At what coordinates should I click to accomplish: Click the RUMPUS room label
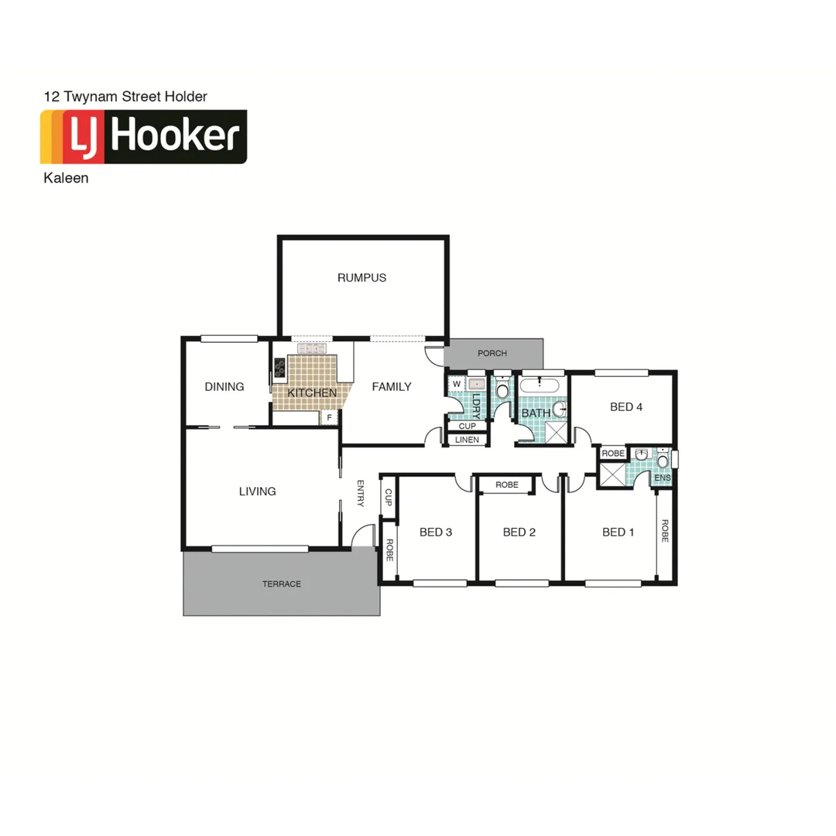(x=361, y=278)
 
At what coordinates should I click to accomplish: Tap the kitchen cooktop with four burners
(x=279, y=368)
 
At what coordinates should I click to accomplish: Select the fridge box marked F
(x=330, y=418)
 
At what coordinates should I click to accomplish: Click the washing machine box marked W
(x=456, y=383)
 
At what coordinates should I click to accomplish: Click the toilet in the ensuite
(x=663, y=462)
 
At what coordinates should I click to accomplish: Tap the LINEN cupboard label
(x=467, y=440)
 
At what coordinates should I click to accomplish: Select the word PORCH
(x=492, y=354)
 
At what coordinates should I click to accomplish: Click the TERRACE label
(x=282, y=584)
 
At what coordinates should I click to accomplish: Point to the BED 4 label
(x=626, y=407)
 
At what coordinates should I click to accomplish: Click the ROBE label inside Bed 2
(x=506, y=485)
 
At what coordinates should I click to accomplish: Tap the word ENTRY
(x=361, y=494)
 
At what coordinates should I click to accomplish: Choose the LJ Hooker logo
(x=144, y=137)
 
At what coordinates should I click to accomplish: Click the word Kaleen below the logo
(x=67, y=177)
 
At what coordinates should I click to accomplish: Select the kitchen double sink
(x=311, y=349)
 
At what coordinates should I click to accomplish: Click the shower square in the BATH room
(x=555, y=430)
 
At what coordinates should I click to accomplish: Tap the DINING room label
(x=224, y=387)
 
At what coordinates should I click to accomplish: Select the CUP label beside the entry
(x=389, y=498)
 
